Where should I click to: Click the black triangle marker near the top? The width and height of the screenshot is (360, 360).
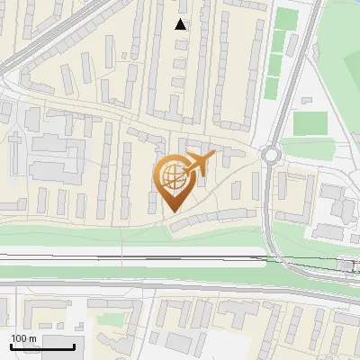tap(182, 24)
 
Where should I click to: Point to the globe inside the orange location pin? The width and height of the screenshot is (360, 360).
tap(172, 176)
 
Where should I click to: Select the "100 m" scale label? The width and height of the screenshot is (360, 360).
tap(23, 337)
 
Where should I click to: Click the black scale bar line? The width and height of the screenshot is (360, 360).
tap(41, 347)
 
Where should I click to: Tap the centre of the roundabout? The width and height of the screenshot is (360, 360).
tap(271, 155)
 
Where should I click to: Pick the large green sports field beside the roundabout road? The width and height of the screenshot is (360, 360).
tap(310, 122)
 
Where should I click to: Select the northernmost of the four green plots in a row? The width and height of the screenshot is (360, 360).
tap(285, 19)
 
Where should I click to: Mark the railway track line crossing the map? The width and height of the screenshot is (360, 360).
tap(135, 257)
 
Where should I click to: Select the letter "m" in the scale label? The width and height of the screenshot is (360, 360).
tap(31, 337)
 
